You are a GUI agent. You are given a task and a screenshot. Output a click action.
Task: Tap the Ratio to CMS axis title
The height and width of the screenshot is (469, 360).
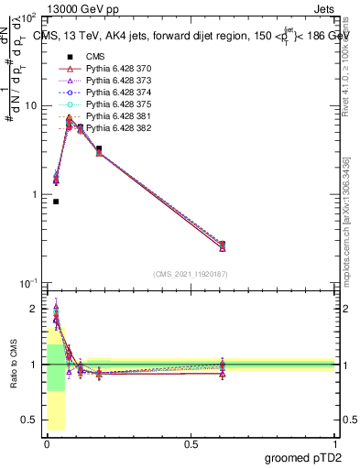(x=12, y=365)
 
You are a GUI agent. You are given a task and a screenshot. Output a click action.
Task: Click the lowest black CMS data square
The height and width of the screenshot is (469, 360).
(x=56, y=202)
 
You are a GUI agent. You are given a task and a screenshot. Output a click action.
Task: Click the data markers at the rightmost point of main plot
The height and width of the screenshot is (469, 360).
(x=223, y=245)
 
